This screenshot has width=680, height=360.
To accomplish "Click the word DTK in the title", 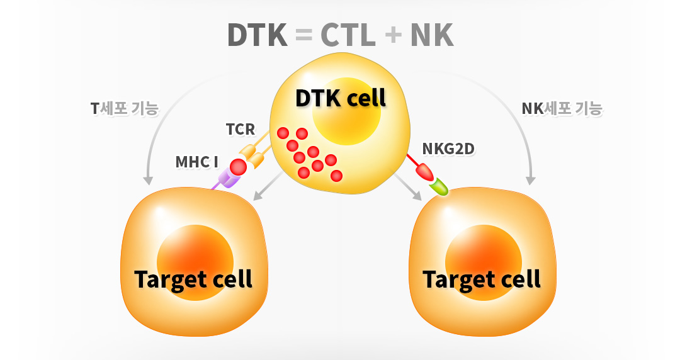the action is [257, 35].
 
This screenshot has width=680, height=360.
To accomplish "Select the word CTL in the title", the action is [348, 35].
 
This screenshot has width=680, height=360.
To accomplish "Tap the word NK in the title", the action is [432, 35].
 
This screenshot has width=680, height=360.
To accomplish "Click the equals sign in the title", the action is [303, 35].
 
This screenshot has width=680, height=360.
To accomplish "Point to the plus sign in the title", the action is [393, 35].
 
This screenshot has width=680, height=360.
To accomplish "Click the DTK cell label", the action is [341, 98].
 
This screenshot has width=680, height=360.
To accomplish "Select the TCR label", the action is [241, 129].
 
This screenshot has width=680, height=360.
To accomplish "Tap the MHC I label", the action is [196, 162].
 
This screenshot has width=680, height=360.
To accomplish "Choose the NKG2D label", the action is [448, 149].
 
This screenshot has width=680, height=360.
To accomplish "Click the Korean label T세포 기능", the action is [125, 108].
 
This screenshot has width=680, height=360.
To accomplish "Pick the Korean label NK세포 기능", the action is [562, 108].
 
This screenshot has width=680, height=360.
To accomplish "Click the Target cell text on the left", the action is [193, 279].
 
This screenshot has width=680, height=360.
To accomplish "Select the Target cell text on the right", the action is [482, 279].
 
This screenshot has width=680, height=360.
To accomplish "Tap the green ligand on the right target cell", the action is [439, 187].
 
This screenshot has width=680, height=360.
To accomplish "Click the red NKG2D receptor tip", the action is [424, 172].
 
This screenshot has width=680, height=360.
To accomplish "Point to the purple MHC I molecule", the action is [228, 179].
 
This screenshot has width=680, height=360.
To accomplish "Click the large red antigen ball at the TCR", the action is [238, 167].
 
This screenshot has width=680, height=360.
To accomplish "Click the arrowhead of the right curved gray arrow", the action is [530, 181].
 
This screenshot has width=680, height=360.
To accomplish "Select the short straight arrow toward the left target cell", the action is [268, 186].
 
